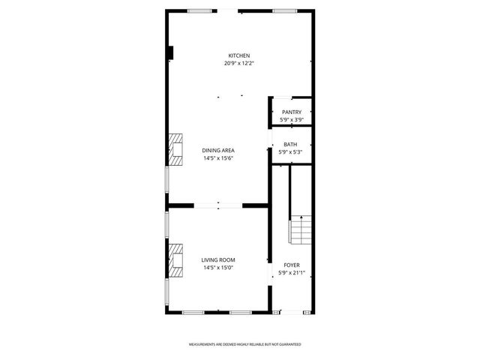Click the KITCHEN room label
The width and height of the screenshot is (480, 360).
point(239,56)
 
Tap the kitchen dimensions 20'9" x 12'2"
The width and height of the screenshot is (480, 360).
point(239,64)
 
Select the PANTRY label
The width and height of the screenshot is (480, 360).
point(292,112)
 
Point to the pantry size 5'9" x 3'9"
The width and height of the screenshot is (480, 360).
point(292,120)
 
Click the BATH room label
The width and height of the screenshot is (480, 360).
point(290,145)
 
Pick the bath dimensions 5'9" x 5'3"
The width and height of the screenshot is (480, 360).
point(290,152)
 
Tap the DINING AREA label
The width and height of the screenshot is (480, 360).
point(218,151)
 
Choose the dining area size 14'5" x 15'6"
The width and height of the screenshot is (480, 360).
point(218,158)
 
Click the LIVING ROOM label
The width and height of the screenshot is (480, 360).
point(218,260)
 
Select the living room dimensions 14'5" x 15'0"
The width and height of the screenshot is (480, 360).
point(218,268)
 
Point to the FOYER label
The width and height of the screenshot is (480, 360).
point(291,265)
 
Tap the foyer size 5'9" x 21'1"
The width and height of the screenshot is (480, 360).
point(291,273)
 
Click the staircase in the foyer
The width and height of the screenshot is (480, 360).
point(299,229)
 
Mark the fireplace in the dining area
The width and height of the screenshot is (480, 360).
point(175,149)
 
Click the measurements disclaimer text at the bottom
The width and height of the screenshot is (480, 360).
point(244,343)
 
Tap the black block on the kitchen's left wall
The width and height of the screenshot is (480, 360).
point(172,52)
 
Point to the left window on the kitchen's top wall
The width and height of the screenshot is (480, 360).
point(199,10)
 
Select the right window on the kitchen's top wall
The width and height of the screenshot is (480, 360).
point(283,10)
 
